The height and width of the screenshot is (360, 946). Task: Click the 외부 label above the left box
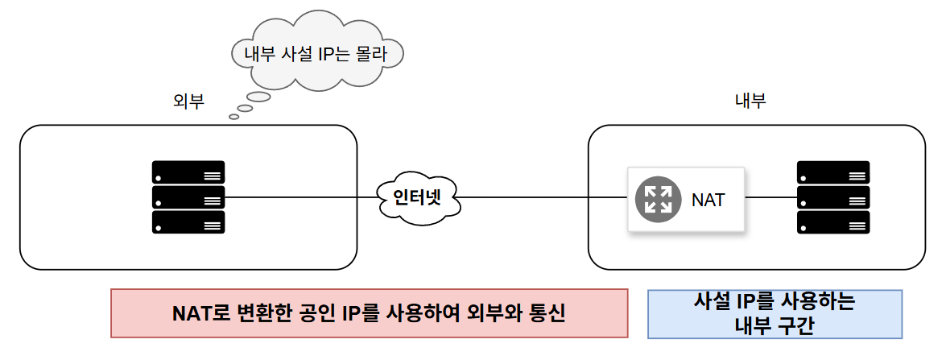[188, 101]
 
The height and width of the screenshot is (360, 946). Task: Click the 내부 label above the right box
[750, 101]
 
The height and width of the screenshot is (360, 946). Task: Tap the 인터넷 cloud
[416, 197]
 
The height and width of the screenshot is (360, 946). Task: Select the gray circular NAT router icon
[659, 199]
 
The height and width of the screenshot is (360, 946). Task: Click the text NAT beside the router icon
[708, 200]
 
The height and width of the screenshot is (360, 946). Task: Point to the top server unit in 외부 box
[188, 172]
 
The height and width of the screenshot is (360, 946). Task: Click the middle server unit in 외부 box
[188, 197]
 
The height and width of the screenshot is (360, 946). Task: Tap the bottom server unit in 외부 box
[188, 222]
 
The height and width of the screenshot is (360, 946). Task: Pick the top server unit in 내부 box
[833, 172]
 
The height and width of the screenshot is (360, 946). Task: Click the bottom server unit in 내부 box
[833, 222]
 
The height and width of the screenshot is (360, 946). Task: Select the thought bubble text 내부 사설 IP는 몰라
[316, 55]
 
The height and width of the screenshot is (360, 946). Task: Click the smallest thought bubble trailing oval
[234, 117]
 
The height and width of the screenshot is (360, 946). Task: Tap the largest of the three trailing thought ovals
[258, 97]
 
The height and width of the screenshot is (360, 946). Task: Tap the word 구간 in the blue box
[797, 325]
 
